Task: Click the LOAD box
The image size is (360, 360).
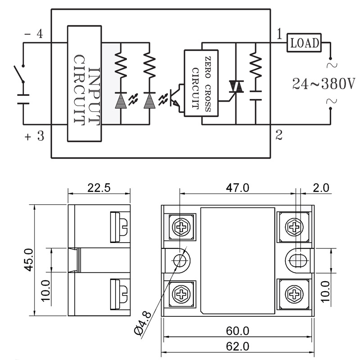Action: tap(304, 42)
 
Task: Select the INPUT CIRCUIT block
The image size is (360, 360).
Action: tap(84, 83)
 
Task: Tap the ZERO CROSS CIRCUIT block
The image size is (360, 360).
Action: tap(201, 83)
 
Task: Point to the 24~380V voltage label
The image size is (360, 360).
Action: tap(324, 84)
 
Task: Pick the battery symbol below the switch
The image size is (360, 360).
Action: tap(23, 99)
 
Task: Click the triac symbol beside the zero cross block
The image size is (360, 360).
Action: tap(236, 86)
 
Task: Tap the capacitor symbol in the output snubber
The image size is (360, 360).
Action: tap(256, 95)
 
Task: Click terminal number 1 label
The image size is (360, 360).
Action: tap(279, 34)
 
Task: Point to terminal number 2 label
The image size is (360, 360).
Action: tap(279, 135)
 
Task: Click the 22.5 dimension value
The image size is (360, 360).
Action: tap(99, 188)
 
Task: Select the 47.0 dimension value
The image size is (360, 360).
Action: tap(238, 188)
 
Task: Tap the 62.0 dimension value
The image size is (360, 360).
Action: tap(238, 346)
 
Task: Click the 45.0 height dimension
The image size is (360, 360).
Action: tap(29, 260)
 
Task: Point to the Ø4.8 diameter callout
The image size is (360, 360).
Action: tap(143, 323)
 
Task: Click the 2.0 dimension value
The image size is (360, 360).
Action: tap(321, 188)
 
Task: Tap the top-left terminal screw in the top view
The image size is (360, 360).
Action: tap(181, 227)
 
